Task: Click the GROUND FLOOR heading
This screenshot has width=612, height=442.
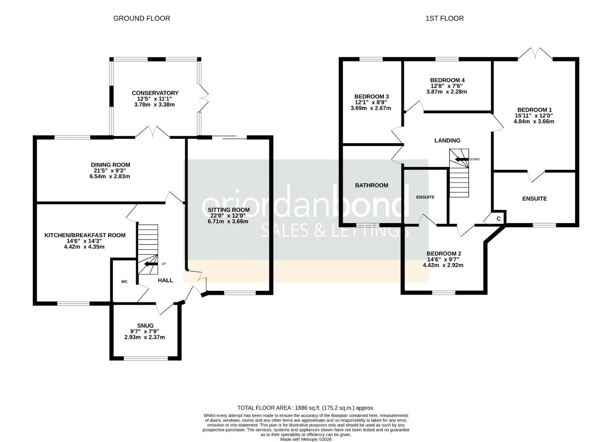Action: [x=141, y=18]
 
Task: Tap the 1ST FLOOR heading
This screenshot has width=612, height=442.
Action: [x=444, y=18]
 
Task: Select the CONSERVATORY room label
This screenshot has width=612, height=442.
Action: [x=155, y=93]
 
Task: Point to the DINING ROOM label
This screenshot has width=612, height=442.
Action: [x=110, y=165]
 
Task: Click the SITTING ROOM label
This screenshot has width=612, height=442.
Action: [x=229, y=210]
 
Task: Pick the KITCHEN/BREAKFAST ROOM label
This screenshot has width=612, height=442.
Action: [x=85, y=235]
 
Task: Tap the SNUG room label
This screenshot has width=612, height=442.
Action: [x=145, y=325]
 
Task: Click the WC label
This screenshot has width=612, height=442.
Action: [x=124, y=282]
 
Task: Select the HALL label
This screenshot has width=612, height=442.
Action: [x=165, y=280]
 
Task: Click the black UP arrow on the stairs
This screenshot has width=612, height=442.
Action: [x=151, y=264]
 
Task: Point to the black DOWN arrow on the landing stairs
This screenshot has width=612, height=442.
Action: [x=462, y=159]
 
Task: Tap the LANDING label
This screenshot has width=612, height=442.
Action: [x=447, y=140]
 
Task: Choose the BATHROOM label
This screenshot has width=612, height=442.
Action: [x=372, y=185]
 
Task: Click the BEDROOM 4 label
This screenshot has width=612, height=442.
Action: [x=447, y=80]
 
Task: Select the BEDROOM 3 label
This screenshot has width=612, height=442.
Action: [x=372, y=96]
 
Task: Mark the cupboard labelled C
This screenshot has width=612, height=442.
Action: [x=499, y=219]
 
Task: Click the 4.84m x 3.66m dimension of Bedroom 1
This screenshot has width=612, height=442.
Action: [x=534, y=121]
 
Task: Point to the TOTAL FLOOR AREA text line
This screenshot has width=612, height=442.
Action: [x=306, y=408]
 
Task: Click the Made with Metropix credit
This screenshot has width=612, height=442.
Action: [x=306, y=440]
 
